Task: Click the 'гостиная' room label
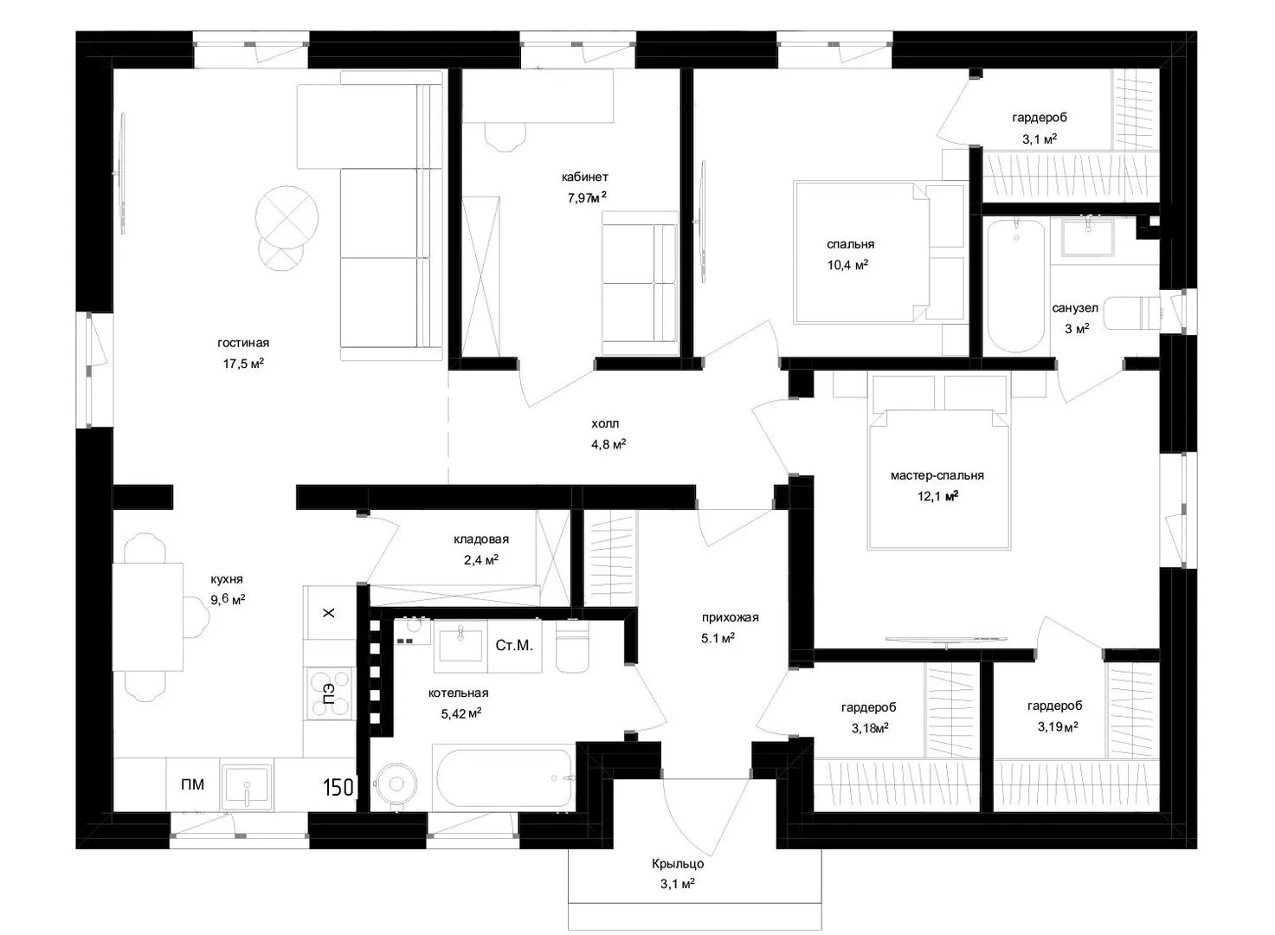tap(243, 344)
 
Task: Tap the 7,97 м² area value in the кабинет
tap(587, 197)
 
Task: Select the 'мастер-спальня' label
tap(937, 475)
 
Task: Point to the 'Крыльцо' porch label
tap(678, 864)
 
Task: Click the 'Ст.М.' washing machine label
tap(514, 645)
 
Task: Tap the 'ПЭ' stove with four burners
tap(330, 693)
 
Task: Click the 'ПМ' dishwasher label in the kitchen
tap(192, 784)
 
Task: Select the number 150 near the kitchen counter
tap(338, 788)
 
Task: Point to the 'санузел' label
tap(1075, 308)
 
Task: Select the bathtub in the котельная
tap(505, 777)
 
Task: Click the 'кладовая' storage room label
tap(481, 538)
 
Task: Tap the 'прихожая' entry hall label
tap(730, 617)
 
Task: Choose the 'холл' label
tap(604, 423)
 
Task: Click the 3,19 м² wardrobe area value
tap(1058, 726)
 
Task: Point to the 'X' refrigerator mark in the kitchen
tap(329, 613)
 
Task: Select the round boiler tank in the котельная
tap(396, 784)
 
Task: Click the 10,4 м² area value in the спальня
tap(847, 265)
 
